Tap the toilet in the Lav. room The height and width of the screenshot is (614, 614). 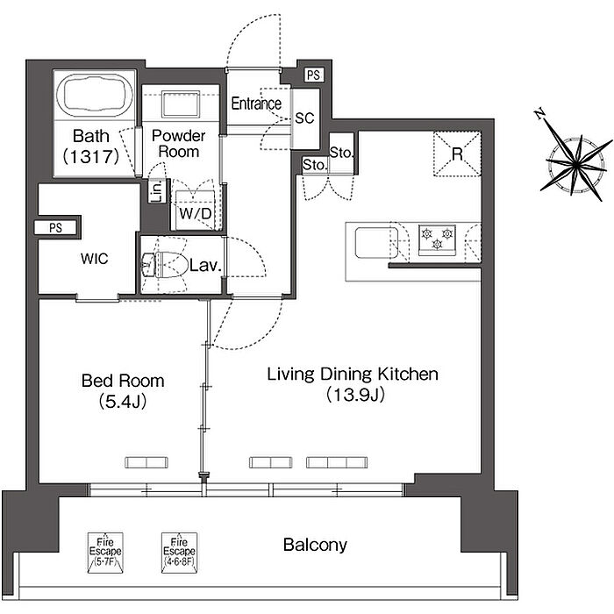click(165, 265)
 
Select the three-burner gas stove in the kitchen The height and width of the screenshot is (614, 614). click(437, 239)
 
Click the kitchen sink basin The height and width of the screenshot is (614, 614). click(376, 243)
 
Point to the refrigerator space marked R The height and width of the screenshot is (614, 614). click(457, 153)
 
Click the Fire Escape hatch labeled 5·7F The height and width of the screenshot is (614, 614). click(105, 553)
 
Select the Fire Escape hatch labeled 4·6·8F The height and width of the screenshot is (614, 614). click(179, 553)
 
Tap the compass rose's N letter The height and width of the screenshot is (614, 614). click(540, 113)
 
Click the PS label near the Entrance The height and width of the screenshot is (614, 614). click(313, 75)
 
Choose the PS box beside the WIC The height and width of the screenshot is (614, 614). click(55, 227)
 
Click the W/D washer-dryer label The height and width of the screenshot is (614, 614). click(195, 214)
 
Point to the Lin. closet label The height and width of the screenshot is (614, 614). click(157, 190)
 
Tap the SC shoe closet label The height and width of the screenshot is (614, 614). click(304, 118)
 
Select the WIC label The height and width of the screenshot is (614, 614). click(95, 259)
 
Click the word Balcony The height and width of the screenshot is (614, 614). click(315, 545)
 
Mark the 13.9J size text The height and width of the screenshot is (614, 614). click(355, 395)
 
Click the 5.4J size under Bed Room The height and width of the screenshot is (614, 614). click(123, 401)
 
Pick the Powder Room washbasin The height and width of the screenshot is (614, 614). click(181, 104)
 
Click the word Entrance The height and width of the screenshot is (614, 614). click(256, 104)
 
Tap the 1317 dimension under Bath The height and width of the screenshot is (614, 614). click(91, 156)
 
